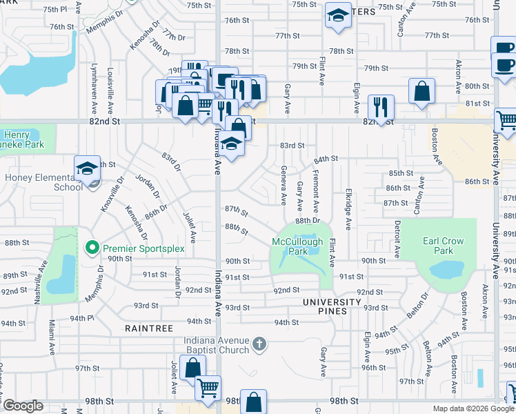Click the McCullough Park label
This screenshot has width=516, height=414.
click(297, 247)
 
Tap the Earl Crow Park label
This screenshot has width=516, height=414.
click(443, 246)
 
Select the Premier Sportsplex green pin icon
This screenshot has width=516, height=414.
click(91, 246)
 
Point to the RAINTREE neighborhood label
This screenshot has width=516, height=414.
click(149, 328)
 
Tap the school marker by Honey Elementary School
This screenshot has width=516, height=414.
click(88, 168)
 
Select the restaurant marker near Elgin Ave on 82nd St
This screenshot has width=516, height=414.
click(381, 107)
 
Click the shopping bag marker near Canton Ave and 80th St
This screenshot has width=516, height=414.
click(421, 91)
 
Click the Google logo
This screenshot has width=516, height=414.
click(23, 406)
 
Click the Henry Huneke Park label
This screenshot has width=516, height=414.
click(23, 139)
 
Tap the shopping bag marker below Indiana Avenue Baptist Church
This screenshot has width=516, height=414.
click(254, 402)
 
